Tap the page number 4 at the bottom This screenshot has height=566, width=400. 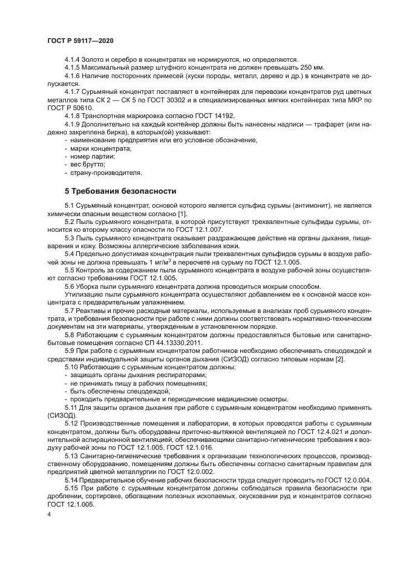[x=48, y=513]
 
